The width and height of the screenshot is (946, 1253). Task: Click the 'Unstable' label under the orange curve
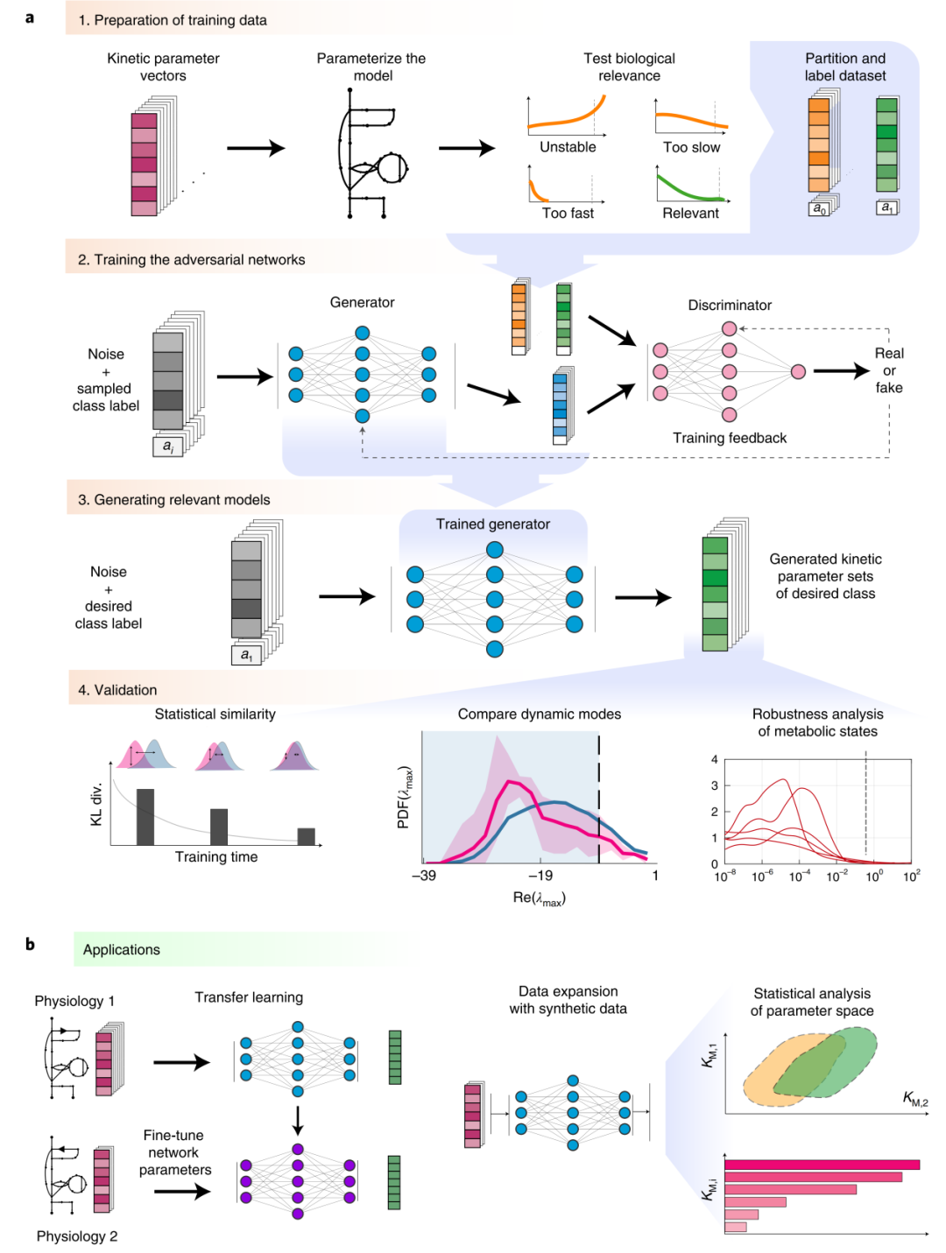[568, 147]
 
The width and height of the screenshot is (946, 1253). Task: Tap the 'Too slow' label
[691, 147]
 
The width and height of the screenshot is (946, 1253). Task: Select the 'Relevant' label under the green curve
[690, 213]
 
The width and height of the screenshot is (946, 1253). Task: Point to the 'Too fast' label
[568, 213]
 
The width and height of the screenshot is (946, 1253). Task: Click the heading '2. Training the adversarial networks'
[191, 260]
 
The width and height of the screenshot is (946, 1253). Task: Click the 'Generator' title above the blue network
[362, 302]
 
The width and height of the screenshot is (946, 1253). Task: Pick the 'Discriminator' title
[730, 305]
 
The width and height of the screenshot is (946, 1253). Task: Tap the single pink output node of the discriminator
[798, 372]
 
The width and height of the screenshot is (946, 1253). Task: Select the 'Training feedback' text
[730, 438]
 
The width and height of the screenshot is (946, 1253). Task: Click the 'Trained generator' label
[493, 524]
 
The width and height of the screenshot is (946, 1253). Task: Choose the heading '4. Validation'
[117, 690]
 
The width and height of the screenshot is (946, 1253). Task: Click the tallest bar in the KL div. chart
[145, 816]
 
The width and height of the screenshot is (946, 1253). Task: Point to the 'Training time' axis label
[216, 856]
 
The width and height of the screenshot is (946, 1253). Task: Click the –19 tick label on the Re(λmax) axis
[540, 875]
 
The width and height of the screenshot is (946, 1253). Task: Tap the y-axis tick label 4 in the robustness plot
[715, 759]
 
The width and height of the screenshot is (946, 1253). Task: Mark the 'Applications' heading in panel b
[122, 949]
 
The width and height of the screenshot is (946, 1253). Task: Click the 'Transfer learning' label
[249, 997]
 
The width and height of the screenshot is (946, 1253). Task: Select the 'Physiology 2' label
[77, 1235]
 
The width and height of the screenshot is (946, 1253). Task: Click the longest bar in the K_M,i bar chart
[822, 1165]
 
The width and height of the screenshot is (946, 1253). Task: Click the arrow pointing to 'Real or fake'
[841, 371]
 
